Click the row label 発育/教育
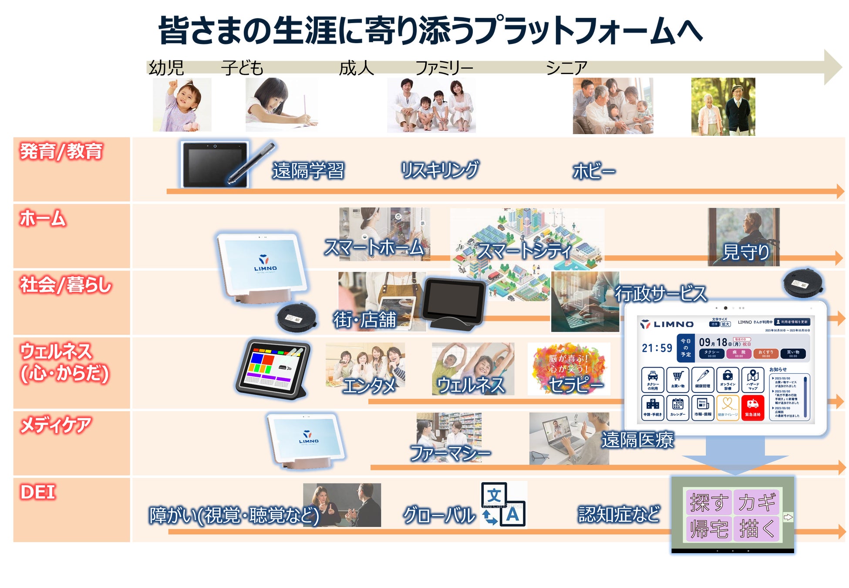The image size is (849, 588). (61, 152)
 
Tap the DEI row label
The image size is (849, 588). (38, 492)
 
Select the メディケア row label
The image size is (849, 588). (56, 425)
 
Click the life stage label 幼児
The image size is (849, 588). (166, 68)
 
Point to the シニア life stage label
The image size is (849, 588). (566, 68)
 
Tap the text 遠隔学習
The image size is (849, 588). (308, 170)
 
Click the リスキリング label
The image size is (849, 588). (440, 170)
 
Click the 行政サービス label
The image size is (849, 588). (660, 294)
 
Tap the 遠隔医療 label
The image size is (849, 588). (638, 440)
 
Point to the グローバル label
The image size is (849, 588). (439, 515)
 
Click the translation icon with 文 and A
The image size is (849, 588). (503, 505)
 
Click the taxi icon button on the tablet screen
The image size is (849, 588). (653, 379)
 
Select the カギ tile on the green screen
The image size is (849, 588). (757, 502)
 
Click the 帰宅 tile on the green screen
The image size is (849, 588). (709, 529)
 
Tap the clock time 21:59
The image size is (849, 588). (657, 348)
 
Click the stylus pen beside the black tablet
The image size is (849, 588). (252, 163)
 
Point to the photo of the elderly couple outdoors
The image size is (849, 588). (723, 107)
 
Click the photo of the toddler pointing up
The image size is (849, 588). (182, 105)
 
